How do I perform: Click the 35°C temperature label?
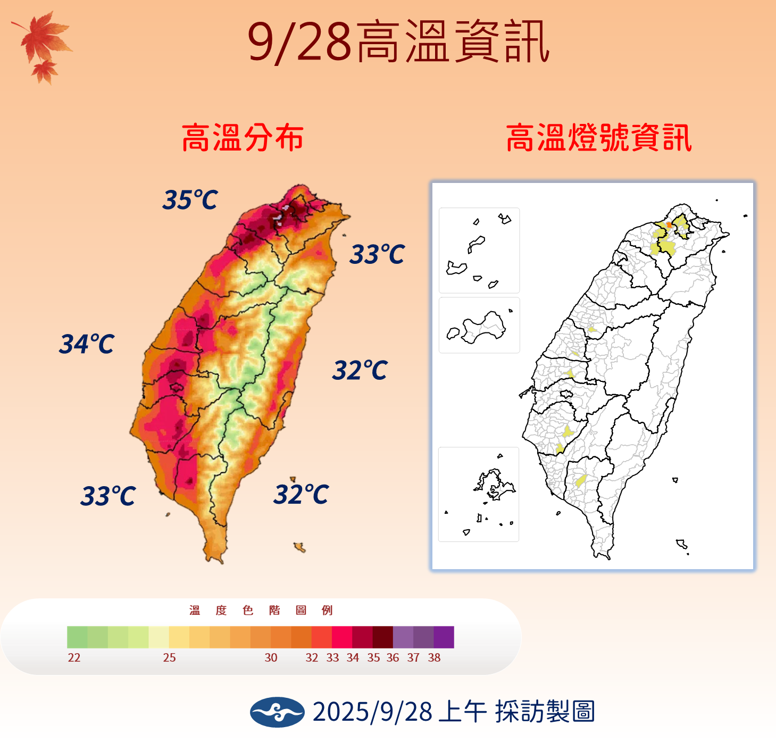tap(190, 200)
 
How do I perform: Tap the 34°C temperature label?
tap(87, 344)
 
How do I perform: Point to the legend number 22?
tap(74, 658)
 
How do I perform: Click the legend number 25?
tap(169, 658)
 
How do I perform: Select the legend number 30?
tap(271, 658)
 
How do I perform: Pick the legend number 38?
tap(434, 658)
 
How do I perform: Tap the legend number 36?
tap(393, 658)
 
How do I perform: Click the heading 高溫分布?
tap(243, 138)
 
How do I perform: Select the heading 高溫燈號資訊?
tap(599, 138)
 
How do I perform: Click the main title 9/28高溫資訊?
tap(398, 43)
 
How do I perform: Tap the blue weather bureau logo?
tap(277, 712)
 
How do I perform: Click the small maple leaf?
tap(45, 71)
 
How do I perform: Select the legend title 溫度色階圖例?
tap(261, 611)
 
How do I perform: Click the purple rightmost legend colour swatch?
tap(444, 637)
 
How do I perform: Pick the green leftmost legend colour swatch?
tap(77, 637)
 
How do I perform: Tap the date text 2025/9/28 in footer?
tap(372, 712)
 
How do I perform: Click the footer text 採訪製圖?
tap(545, 712)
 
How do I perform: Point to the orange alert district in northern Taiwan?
tap(669, 225)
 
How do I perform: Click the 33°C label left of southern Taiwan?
tap(108, 496)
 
